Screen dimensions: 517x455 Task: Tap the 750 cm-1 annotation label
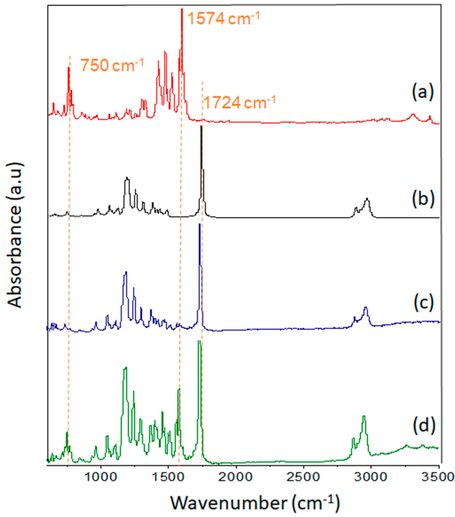[x=112, y=66]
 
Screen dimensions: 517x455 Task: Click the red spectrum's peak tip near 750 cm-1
[x=69, y=68]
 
